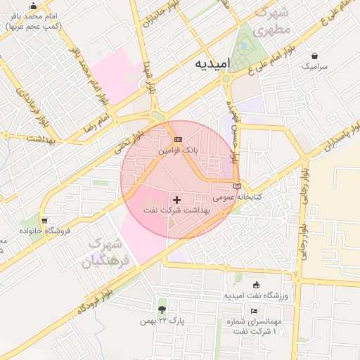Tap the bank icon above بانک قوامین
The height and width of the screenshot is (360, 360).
(177, 139)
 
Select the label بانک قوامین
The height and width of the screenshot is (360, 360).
(178, 150)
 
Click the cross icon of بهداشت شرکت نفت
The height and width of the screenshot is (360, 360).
(176, 200)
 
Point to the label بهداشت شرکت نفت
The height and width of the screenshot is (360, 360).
(176, 211)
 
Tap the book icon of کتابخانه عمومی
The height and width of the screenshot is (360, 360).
(236, 186)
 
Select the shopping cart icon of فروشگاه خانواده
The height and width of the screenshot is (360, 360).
(44, 219)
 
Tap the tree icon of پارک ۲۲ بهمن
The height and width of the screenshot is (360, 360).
(162, 309)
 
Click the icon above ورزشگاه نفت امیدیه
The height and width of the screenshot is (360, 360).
(256, 285)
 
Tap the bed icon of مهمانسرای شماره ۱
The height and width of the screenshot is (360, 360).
(254, 311)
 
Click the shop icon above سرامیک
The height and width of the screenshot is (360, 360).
(314, 56)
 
